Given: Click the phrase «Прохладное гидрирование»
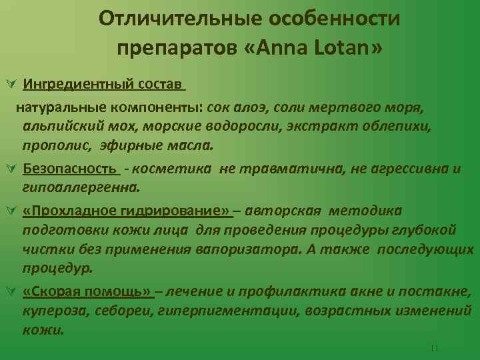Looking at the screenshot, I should [127, 211].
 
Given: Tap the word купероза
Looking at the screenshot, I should [50, 311].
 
